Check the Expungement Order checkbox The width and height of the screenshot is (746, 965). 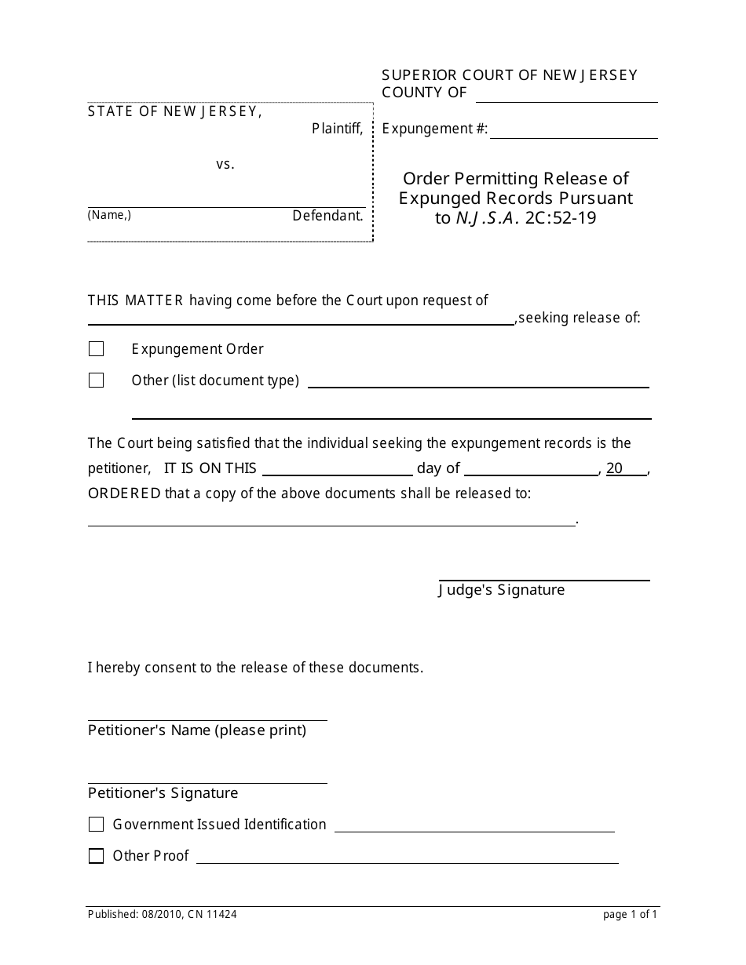click(96, 349)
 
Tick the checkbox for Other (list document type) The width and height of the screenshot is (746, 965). click(96, 381)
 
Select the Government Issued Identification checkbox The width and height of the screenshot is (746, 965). click(96, 825)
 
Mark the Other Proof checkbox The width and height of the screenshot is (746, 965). click(96, 856)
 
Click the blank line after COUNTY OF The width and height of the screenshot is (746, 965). click(566, 96)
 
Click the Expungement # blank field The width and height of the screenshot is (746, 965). click(573, 132)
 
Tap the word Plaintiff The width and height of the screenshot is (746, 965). click(337, 129)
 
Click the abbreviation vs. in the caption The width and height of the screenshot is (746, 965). click(225, 165)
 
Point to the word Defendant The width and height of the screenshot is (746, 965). click(327, 216)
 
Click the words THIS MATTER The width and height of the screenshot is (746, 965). click(136, 300)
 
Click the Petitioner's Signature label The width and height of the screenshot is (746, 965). click(163, 793)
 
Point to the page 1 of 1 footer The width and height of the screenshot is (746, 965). click(630, 915)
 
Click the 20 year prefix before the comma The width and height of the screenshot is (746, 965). click(614, 468)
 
